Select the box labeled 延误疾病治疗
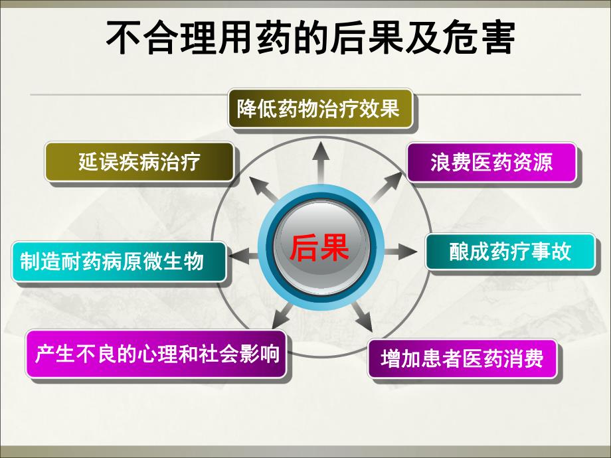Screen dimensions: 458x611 click(139, 162)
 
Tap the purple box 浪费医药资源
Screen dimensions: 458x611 click(491, 163)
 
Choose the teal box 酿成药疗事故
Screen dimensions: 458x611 click(510, 252)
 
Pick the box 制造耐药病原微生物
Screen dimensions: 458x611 click(118, 261)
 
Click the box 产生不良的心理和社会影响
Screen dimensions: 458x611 click(157, 353)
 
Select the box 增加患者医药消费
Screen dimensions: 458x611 click(462, 359)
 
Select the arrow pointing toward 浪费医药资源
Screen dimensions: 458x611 click(385, 189)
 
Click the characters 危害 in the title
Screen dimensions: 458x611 click(481, 39)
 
